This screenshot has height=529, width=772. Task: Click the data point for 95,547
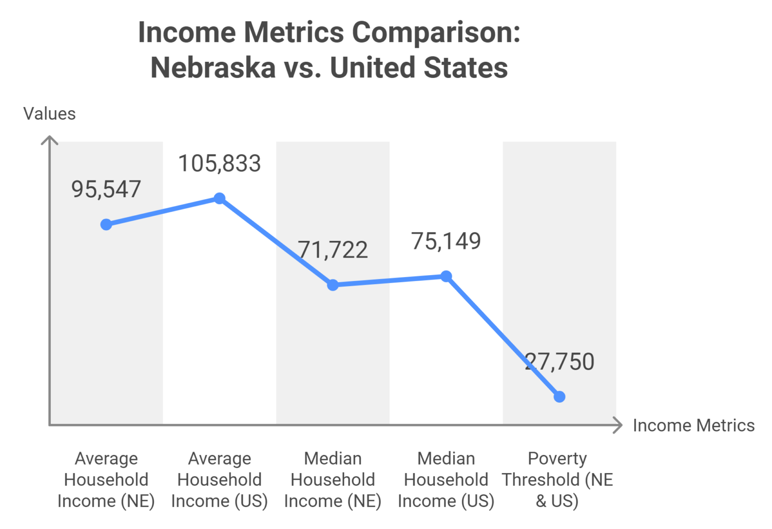point(106,224)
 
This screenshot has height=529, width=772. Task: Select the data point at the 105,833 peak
point(220,198)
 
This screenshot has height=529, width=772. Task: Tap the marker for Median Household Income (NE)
point(333,285)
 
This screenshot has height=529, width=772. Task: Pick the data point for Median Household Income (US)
point(446,276)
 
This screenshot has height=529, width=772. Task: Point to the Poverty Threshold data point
point(559,397)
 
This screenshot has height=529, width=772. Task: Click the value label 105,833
point(220,163)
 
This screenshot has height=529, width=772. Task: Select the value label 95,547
point(106,190)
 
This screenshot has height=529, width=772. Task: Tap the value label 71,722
point(333,250)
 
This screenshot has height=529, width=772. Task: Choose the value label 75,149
point(446,241)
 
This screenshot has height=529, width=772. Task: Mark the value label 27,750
point(559,362)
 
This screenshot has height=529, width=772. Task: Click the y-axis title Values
point(49,114)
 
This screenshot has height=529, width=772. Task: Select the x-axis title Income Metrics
point(693,425)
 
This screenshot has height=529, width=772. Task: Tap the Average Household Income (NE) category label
point(106,480)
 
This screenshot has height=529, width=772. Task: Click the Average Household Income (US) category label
point(220,480)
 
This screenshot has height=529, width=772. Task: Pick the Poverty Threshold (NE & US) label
point(557,480)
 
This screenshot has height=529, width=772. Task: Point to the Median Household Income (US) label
point(446,480)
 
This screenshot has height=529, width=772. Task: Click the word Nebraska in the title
point(213,67)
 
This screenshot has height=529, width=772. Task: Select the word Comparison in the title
point(435,32)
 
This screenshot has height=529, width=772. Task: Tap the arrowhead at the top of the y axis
point(49,139)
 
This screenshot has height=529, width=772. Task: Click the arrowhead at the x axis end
point(619,425)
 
